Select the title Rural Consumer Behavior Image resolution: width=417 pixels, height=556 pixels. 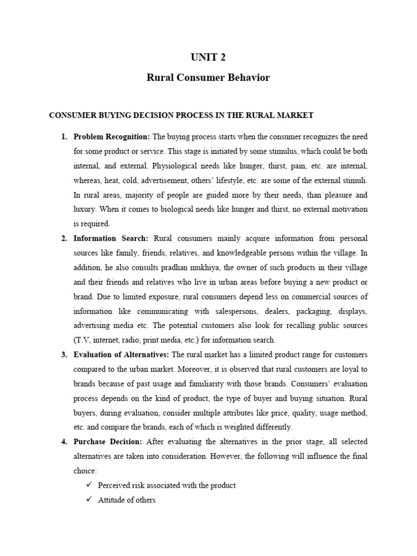click(208, 78)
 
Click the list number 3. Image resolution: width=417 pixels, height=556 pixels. click(64, 355)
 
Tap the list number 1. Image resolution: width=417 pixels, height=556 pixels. click(64, 136)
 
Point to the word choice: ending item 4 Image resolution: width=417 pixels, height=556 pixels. click(85, 471)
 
